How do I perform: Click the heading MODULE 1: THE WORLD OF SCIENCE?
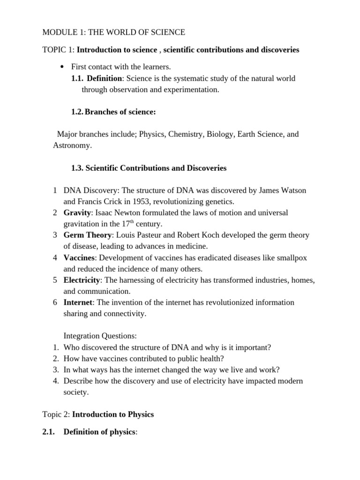coord(113,32)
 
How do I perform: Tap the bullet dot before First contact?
coord(62,67)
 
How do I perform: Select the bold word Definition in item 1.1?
coord(104,78)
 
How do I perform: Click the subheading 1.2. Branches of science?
coord(113,112)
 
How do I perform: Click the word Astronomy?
coord(72,145)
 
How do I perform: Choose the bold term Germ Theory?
coord(88,235)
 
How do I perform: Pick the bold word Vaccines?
coord(79,257)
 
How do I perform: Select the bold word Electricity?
coord(82,280)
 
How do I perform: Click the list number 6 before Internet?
coord(55,302)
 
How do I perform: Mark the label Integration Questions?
coord(100,336)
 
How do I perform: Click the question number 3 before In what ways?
coord(55,370)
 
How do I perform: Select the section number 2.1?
coord(50,432)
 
